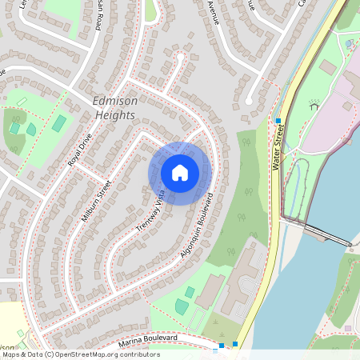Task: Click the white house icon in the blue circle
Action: (180, 173)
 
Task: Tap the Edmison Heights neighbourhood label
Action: (115, 107)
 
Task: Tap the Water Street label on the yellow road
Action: (279, 149)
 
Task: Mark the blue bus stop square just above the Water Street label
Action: (278, 122)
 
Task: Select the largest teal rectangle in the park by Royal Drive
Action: (60, 123)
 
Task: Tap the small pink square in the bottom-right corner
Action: (348, 328)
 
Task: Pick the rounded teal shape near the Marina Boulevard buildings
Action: (182, 306)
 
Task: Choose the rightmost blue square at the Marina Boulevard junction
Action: (235, 344)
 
